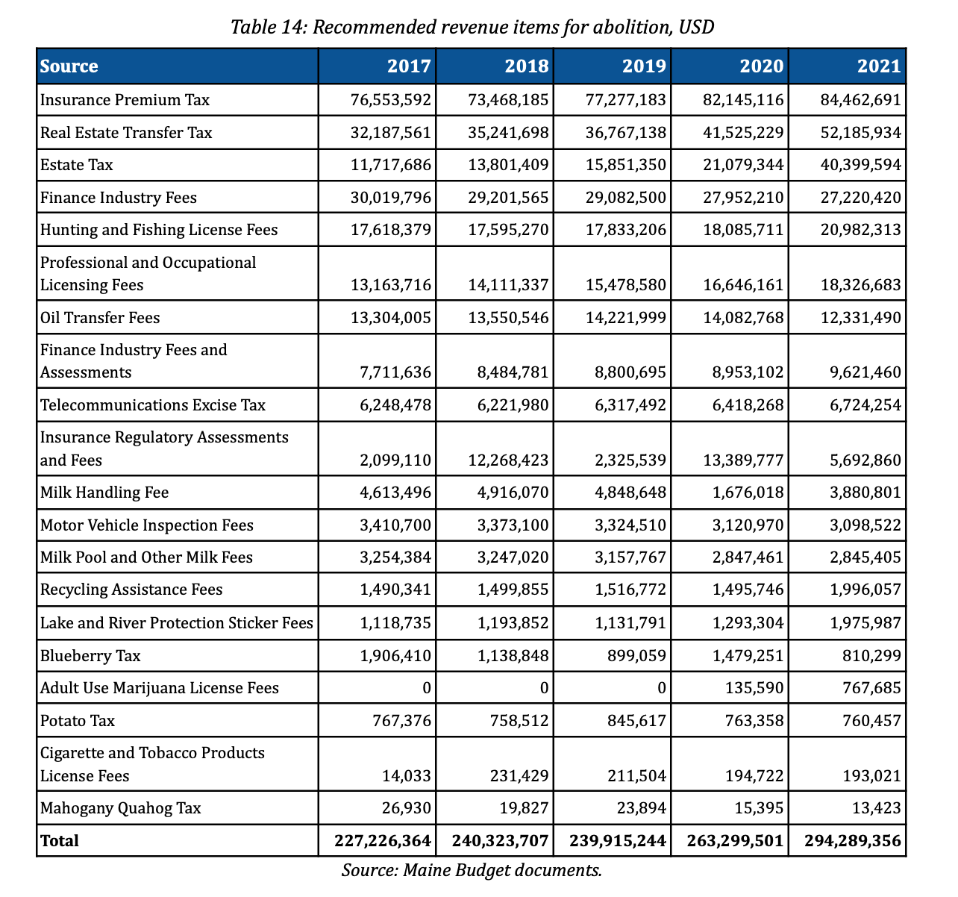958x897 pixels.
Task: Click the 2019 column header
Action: (x=644, y=66)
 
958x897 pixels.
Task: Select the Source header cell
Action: (x=69, y=66)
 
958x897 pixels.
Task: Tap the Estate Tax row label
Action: (x=77, y=165)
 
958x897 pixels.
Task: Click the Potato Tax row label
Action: (x=78, y=721)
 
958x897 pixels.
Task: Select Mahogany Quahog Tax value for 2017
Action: (x=411, y=808)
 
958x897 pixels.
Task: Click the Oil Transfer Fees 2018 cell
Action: (x=513, y=318)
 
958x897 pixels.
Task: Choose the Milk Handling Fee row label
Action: (x=104, y=493)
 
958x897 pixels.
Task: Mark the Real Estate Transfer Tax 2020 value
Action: (x=744, y=133)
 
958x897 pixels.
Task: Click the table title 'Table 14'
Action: (x=472, y=28)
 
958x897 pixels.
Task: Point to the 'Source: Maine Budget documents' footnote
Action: (x=472, y=870)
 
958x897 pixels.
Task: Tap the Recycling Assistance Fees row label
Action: (x=131, y=590)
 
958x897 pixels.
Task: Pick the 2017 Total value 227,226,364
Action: (x=383, y=841)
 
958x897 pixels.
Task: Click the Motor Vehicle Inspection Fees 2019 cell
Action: (x=630, y=525)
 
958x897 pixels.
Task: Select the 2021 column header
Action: (x=879, y=66)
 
